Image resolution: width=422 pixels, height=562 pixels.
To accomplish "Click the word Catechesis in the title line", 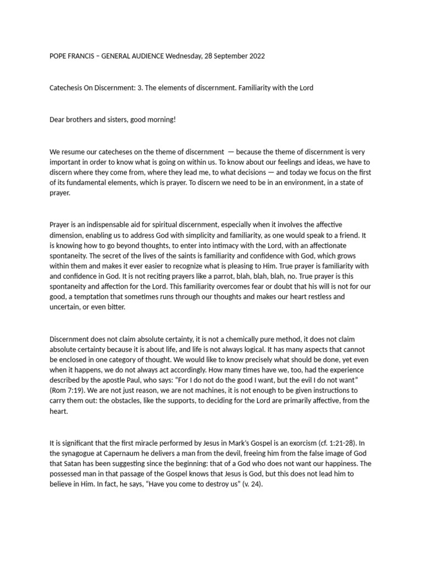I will click(68, 88).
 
